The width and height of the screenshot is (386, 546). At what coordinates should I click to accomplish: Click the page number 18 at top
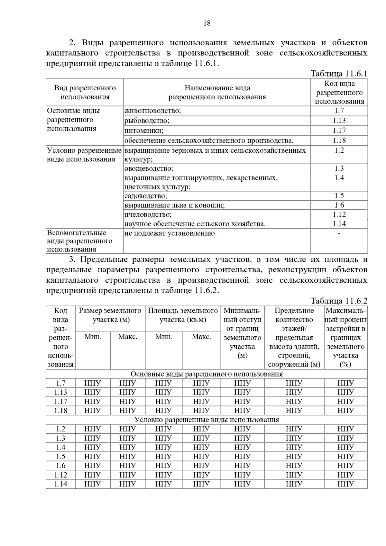(x=207, y=23)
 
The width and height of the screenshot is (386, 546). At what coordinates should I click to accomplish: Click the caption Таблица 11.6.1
(x=339, y=74)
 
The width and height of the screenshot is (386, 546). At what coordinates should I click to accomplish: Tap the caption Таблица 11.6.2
(x=339, y=301)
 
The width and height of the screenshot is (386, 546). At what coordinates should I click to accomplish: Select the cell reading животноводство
(x=153, y=111)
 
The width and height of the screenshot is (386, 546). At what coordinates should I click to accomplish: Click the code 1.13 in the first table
(x=339, y=121)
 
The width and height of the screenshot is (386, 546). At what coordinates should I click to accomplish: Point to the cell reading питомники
(x=144, y=131)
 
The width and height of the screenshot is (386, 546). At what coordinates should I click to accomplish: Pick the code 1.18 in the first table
(x=339, y=141)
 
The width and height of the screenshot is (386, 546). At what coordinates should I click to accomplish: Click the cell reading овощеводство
(x=149, y=168)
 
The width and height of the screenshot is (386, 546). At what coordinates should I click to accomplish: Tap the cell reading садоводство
(x=146, y=196)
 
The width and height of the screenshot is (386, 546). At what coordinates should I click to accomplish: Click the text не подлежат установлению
(x=170, y=233)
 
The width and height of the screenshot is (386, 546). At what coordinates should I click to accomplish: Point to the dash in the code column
(x=339, y=233)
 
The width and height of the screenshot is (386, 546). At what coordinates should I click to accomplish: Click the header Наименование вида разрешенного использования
(x=217, y=93)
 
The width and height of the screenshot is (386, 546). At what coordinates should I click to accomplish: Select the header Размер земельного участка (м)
(x=110, y=315)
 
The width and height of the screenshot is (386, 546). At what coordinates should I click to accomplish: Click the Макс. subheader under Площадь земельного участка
(x=201, y=337)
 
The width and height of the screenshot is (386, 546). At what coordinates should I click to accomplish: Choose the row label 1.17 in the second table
(x=60, y=402)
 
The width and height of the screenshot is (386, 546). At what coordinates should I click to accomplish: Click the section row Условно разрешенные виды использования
(x=207, y=420)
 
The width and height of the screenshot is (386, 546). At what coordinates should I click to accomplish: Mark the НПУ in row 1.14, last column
(x=345, y=484)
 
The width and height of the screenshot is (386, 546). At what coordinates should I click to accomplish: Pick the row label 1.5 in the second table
(x=60, y=457)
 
